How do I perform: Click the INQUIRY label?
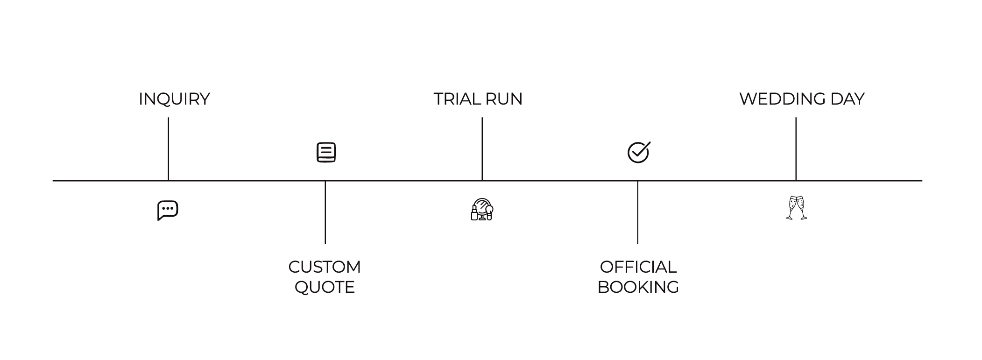pyautogui.click(x=174, y=99)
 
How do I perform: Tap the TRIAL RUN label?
pyautogui.click(x=478, y=99)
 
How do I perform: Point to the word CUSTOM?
pyautogui.click(x=325, y=267)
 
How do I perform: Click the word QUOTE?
pyautogui.click(x=325, y=287)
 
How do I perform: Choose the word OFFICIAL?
pyautogui.click(x=638, y=267)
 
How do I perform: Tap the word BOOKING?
pyautogui.click(x=638, y=287)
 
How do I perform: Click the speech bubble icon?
pyautogui.click(x=168, y=210)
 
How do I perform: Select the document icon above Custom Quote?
pyautogui.click(x=326, y=152)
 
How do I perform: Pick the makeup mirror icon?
pyautogui.click(x=482, y=209)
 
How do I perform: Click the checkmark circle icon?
pyautogui.click(x=638, y=152)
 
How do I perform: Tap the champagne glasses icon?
pyautogui.click(x=797, y=208)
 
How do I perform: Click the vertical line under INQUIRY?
pyautogui.click(x=168, y=148)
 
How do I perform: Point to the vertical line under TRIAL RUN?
pyautogui.click(x=482, y=148)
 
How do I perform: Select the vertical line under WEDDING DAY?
pyautogui.click(x=796, y=148)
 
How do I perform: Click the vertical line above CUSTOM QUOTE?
pyautogui.click(x=325, y=212)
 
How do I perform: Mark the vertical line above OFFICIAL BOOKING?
pyautogui.click(x=637, y=212)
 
